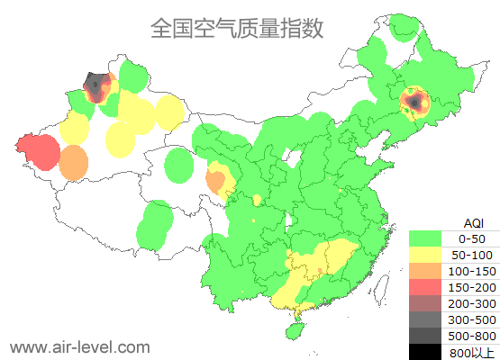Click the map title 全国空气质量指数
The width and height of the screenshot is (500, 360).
[x=237, y=29]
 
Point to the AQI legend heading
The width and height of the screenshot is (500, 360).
[x=474, y=222]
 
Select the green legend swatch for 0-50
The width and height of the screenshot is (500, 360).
[x=430, y=238]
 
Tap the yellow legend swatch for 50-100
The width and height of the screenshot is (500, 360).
[x=430, y=255]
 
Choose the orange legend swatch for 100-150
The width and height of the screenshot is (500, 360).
[x=430, y=271]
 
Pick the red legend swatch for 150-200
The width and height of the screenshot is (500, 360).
[x=430, y=287]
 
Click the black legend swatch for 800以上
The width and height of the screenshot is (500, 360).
[x=430, y=352]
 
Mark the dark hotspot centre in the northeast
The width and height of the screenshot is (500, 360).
[x=414, y=102]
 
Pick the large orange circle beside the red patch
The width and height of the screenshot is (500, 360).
[x=74, y=164]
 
